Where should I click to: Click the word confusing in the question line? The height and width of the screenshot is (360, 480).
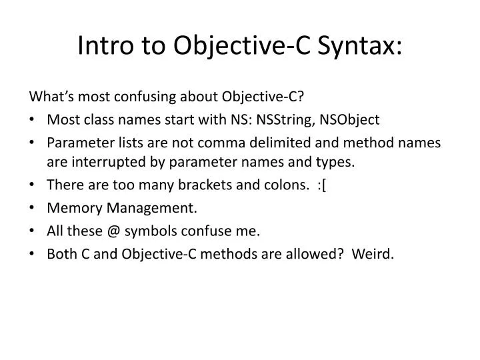point(149,97)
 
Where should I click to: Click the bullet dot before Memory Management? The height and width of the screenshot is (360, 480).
point(33,208)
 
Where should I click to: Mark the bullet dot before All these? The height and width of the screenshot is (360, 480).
point(33,231)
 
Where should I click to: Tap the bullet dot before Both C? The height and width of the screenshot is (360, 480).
point(33,254)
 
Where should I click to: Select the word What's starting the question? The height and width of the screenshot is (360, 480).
point(49,97)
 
